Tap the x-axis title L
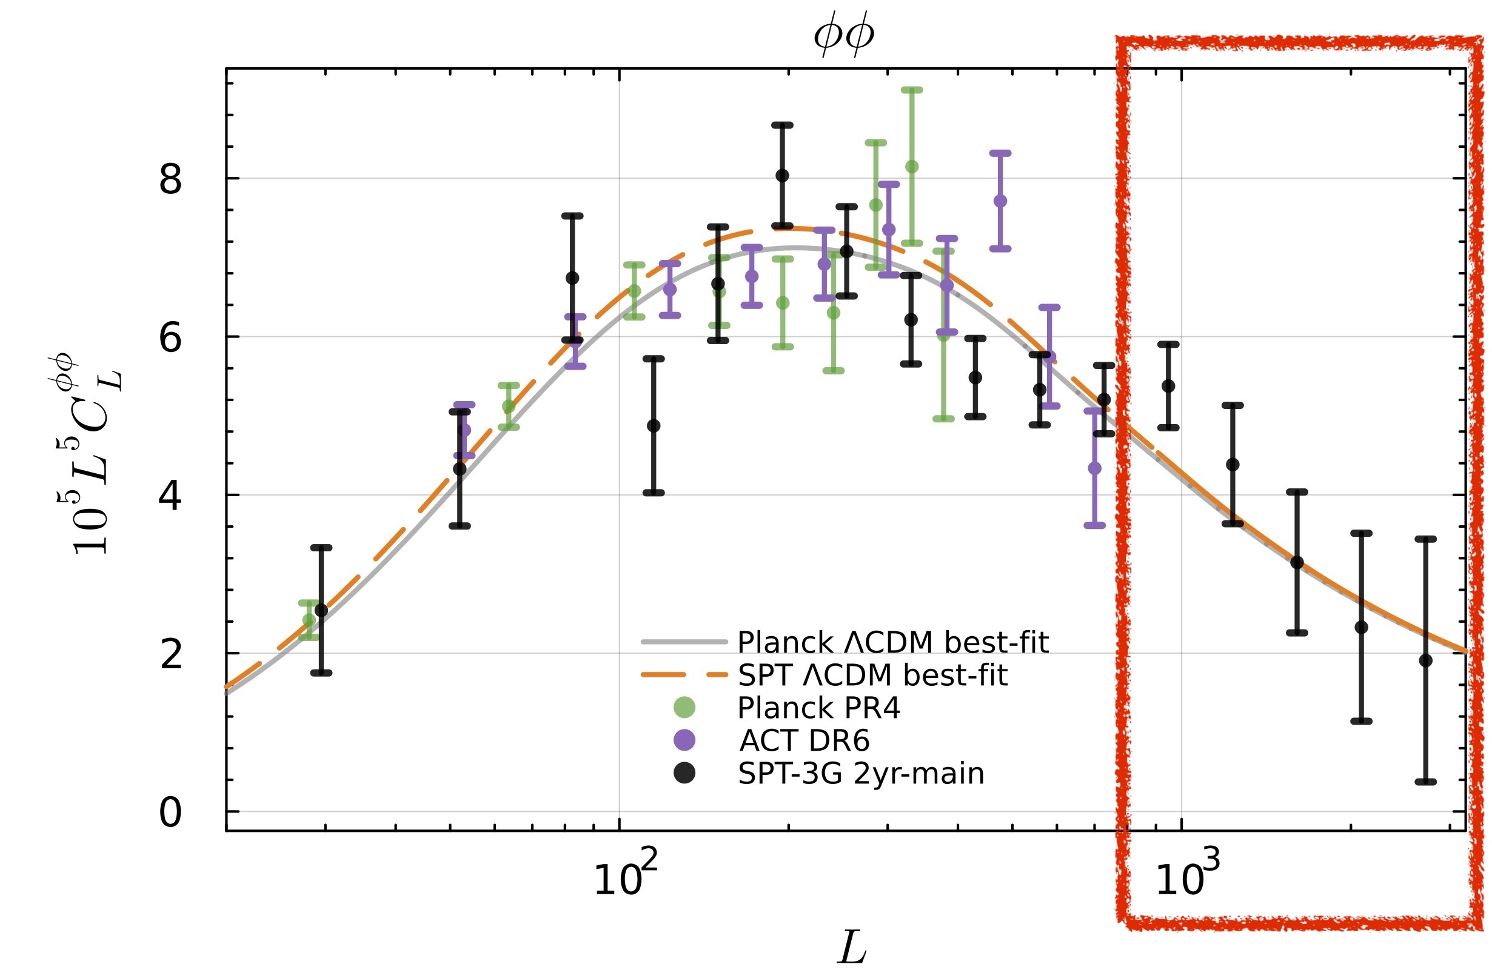pyautogui.click(x=852, y=948)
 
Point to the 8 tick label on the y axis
pyautogui.click(x=170, y=181)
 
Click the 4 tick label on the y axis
pyautogui.click(x=170, y=496)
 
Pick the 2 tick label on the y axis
pyautogui.click(x=170, y=655)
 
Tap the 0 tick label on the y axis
pyautogui.click(x=170, y=813)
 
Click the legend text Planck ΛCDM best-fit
pyautogui.click(x=892, y=643)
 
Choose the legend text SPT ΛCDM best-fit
pyautogui.click(x=872, y=676)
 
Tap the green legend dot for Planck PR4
pyautogui.click(x=684, y=708)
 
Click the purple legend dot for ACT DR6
pyautogui.click(x=684, y=740)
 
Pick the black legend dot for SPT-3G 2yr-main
pyautogui.click(x=684, y=773)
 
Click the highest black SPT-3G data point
pyautogui.click(x=781, y=176)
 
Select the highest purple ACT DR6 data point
pyautogui.click(x=1000, y=201)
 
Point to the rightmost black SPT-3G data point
pyautogui.click(x=1425, y=660)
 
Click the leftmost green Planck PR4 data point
pyautogui.click(x=309, y=620)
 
